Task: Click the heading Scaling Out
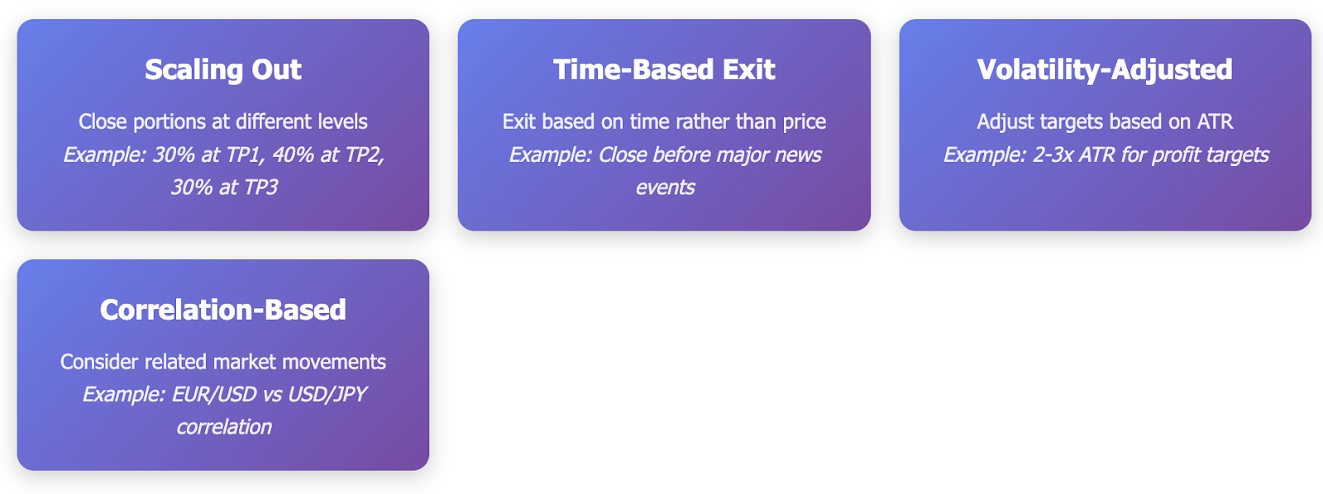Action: [x=223, y=69]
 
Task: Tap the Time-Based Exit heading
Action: [x=664, y=69]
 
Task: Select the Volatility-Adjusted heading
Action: [x=1105, y=69]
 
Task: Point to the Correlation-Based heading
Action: [x=223, y=309]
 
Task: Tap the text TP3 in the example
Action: [x=260, y=188]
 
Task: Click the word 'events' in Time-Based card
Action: [x=665, y=188]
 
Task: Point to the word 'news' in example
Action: [x=798, y=155]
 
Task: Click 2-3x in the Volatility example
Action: [x=1053, y=154]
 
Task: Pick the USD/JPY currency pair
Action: [x=327, y=394]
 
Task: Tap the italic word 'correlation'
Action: [x=224, y=427]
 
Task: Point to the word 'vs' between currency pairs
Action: [x=272, y=394]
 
